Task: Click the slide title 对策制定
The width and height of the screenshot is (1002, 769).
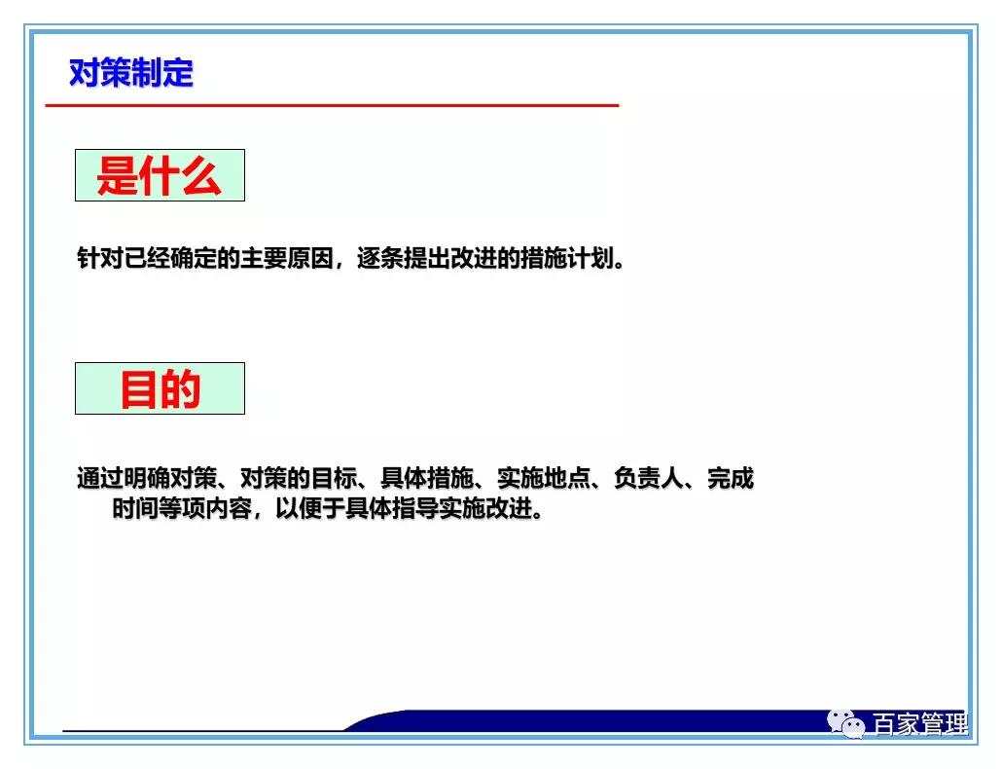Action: pos(131,73)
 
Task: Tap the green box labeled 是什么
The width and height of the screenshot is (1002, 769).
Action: pos(160,176)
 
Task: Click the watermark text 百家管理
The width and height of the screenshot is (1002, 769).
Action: pos(919,725)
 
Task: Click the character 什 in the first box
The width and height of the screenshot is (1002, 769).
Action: pos(160,176)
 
